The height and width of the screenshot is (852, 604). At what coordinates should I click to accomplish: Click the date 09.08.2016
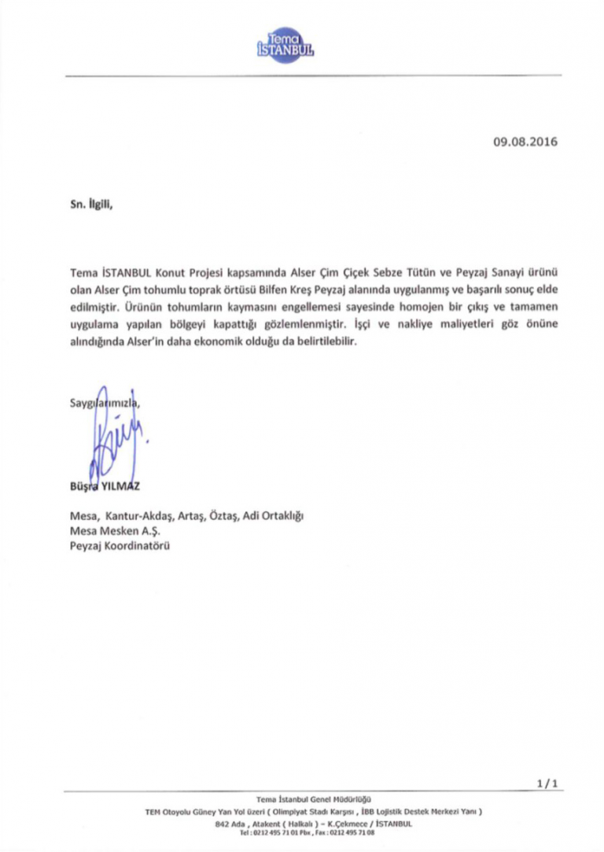tap(525, 142)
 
